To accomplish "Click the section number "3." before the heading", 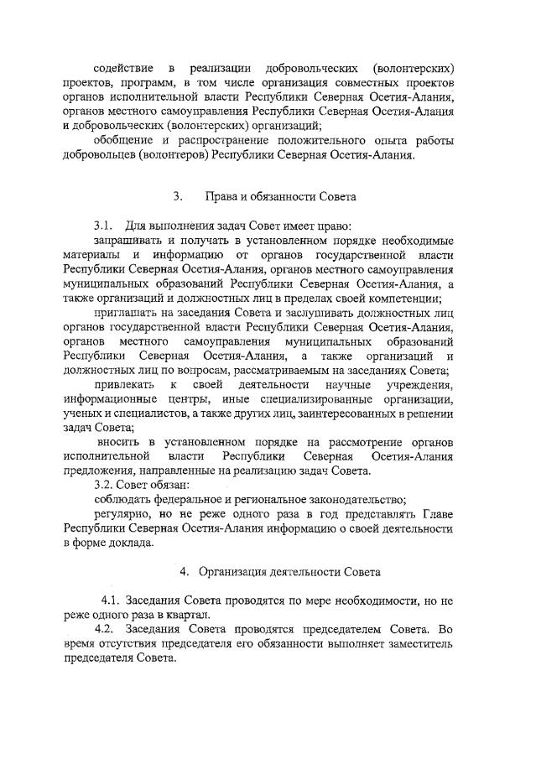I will pos(178,197).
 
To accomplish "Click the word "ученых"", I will pos(82,413).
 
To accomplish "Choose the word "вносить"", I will pos(118,442).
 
